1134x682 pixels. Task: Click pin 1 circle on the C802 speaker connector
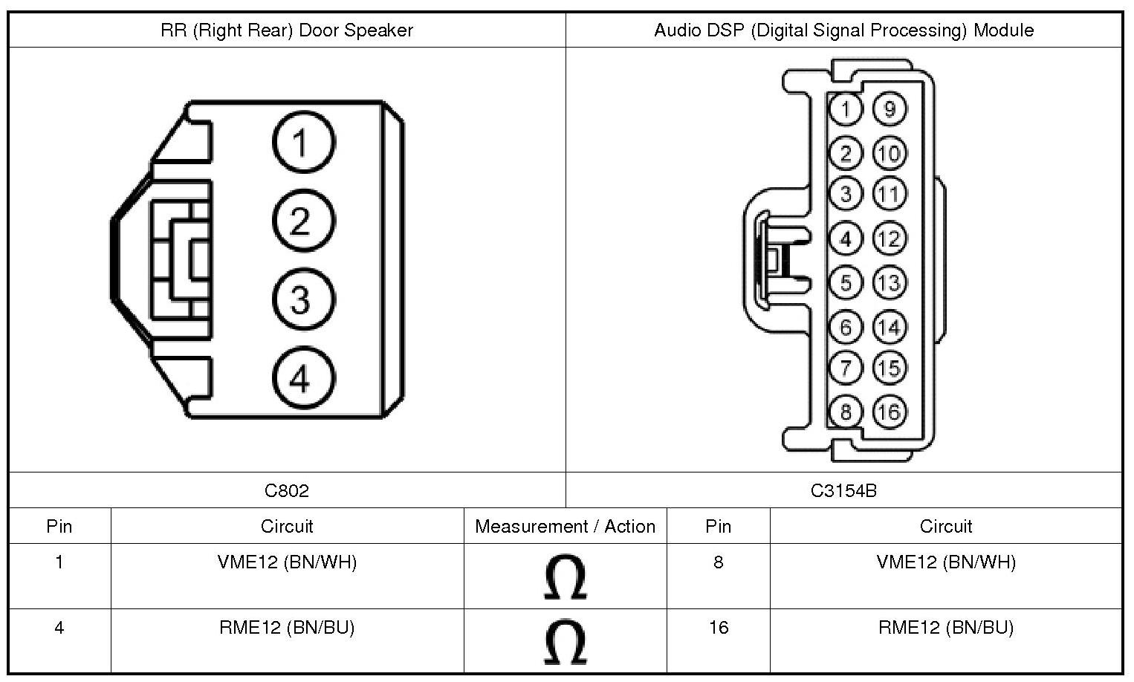[x=303, y=142]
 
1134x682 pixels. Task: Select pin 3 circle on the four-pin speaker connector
[x=303, y=300]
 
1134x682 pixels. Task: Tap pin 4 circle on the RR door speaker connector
[x=303, y=379]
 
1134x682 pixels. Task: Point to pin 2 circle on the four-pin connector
[x=303, y=221]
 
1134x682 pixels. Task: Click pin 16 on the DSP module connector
[x=889, y=412]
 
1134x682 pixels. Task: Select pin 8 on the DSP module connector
[x=846, y=412]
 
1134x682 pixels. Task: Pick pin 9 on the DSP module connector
[x=889, y=109]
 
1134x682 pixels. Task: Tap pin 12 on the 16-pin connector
[x=889, y=238]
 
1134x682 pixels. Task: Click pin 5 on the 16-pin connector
[x=846, y=282]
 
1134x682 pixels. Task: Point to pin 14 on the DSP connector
[x=889, y=327]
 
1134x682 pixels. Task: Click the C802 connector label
[x=287, y=490]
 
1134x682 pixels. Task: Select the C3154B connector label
[x=843, y=490]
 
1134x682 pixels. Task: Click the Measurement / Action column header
[x=565, y=526]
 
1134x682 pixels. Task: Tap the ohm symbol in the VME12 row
[x=565, y=577]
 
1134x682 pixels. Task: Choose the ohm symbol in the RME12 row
[x=565, y=642]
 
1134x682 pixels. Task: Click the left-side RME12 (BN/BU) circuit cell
[x=287, y=628]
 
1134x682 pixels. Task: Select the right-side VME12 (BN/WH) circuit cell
[x=946, y=562]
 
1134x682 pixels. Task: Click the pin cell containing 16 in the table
[x=718, y=628]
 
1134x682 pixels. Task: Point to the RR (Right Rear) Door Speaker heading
[x=287, y=30]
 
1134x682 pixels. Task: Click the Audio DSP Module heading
[x=843, y=30]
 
